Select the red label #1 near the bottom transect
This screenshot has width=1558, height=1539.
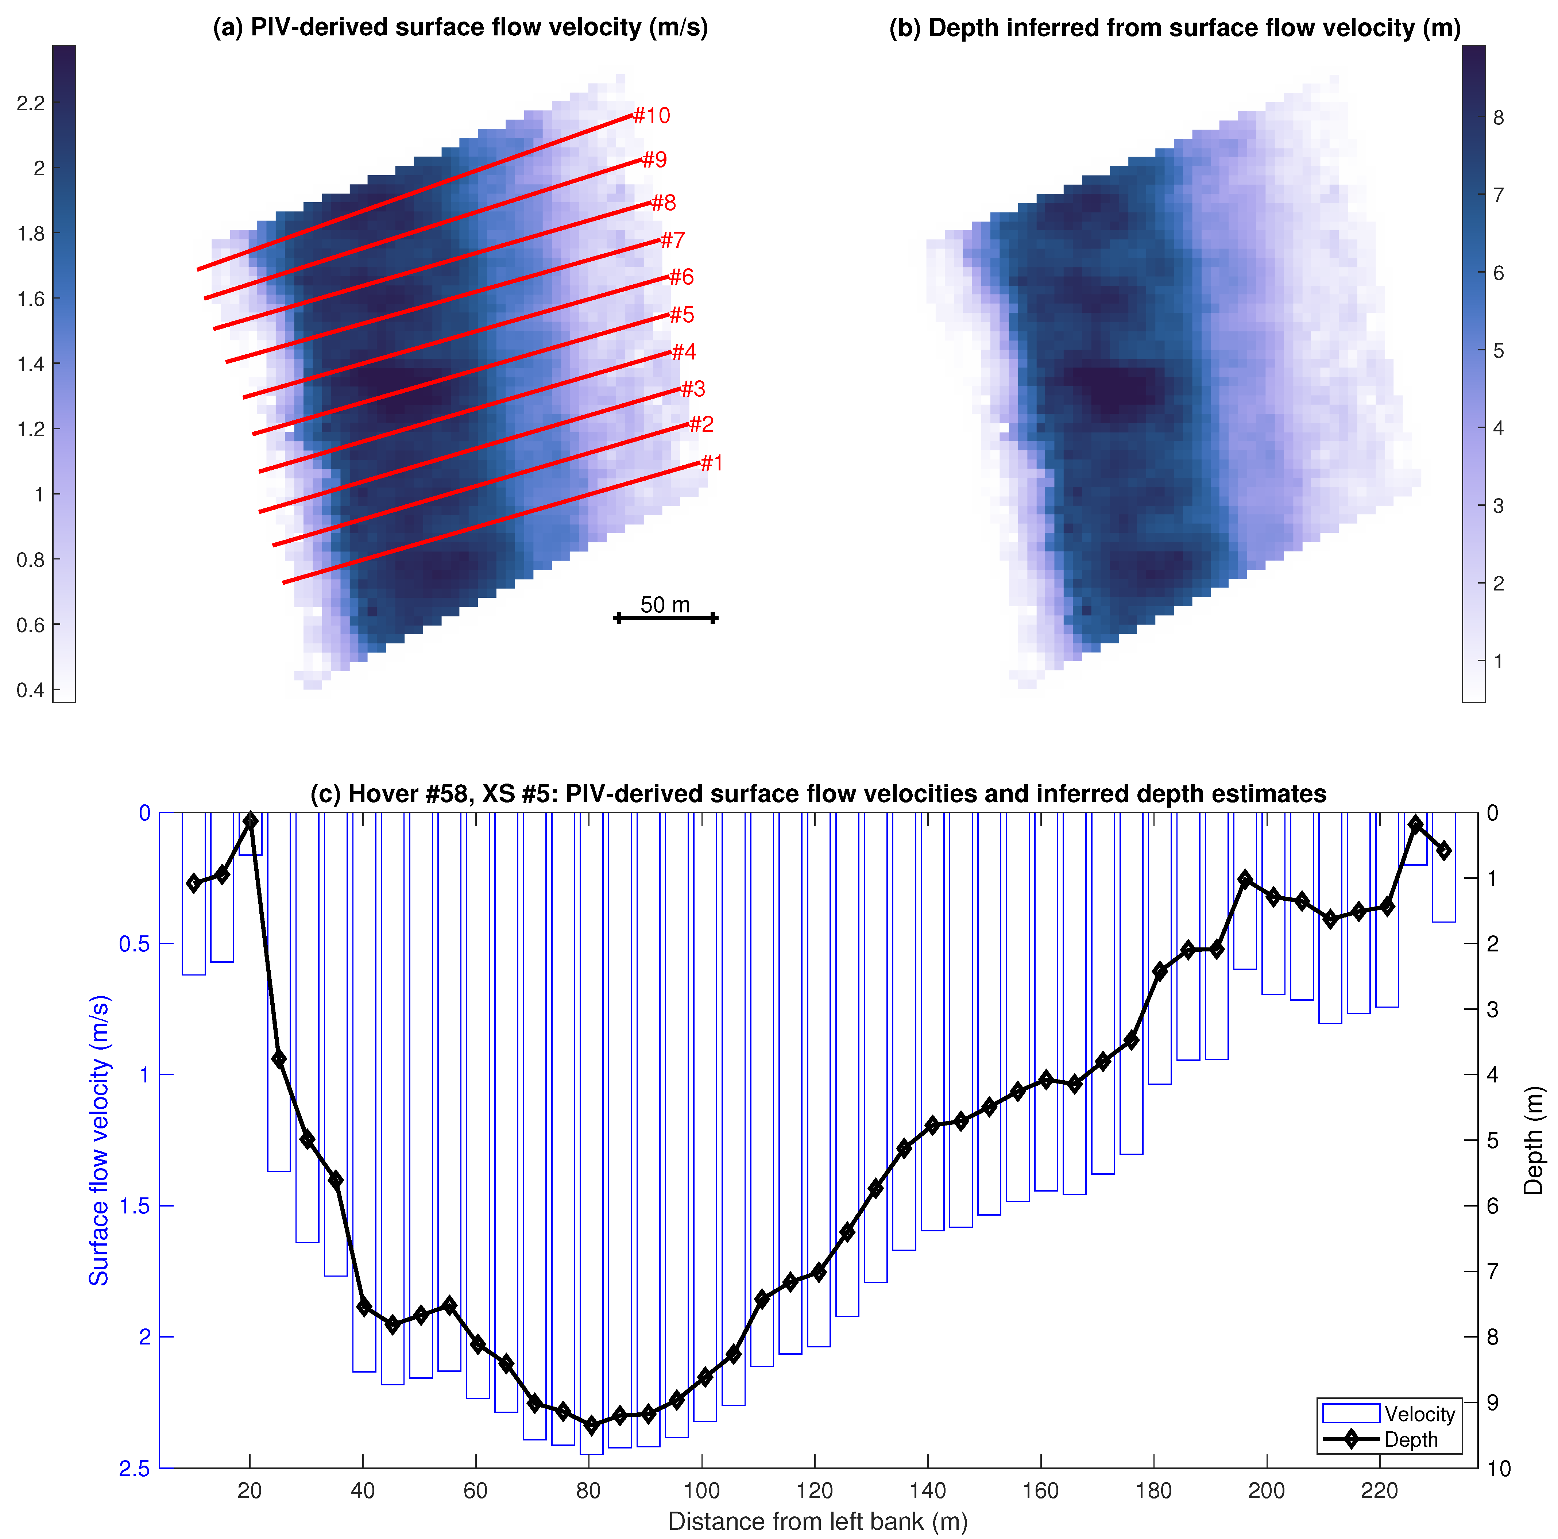(x=711, y=463)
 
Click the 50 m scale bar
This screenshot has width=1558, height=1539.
(x=665, y=618)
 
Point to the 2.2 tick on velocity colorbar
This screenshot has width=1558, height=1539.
(x=31, y=103)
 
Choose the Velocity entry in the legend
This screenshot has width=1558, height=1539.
(x=1419, y=1414)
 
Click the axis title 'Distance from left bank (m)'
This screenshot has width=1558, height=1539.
(x=818, y=1521)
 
